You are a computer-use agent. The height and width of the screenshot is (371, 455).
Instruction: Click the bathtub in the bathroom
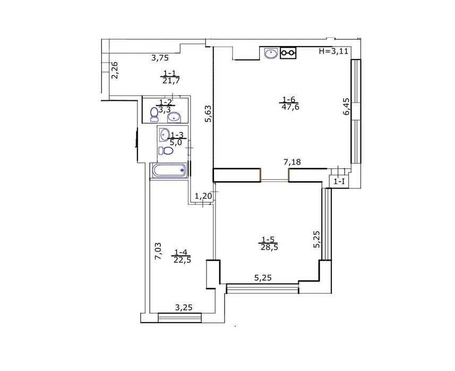coord(169,170)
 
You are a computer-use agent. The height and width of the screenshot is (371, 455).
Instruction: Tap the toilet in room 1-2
coord(154,115)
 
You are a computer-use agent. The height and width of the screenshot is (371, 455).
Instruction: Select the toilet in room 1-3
coord(166,151)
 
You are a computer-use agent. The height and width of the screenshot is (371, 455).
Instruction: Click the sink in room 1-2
coord(174,117)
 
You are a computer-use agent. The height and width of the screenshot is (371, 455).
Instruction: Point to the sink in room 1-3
coord(165,134)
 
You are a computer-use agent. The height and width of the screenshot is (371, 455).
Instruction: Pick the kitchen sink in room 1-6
coord(271,53)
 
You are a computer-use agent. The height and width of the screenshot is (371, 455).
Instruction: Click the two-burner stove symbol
coord(288,53)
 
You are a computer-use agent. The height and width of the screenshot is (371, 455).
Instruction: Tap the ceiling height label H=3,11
coord(333,51)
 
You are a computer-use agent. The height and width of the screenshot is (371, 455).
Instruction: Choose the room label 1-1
coord(170,73)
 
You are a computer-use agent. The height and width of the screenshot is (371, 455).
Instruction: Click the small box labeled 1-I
coord(339,182)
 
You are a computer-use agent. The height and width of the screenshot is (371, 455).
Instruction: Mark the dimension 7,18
coord(292,162)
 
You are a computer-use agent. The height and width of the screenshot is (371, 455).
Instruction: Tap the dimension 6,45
coord(347,107)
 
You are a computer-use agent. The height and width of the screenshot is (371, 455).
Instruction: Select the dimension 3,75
coord(160,58)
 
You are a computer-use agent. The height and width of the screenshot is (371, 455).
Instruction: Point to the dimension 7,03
coord(158,251)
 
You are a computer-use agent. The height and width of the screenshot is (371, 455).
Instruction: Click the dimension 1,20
coord(203,196)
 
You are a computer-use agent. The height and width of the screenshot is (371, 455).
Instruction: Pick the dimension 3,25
coord(184,307)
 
